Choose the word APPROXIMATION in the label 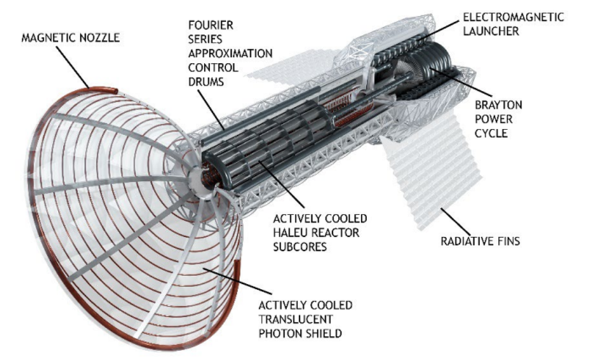click(229, 53)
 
